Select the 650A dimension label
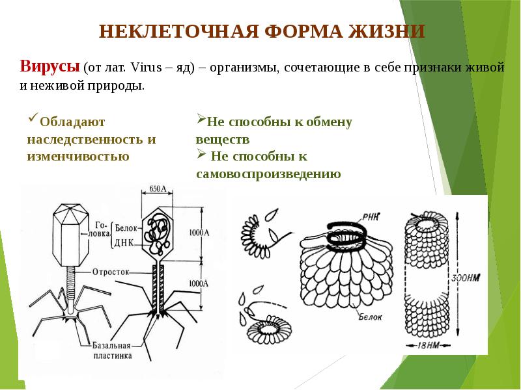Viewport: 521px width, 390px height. click(x=158, y=189)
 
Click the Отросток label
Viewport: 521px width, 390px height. click(x=113, y=271)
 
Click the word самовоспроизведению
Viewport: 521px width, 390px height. click(x=268, y=174)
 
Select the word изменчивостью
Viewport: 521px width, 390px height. click(x=77, y=156)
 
